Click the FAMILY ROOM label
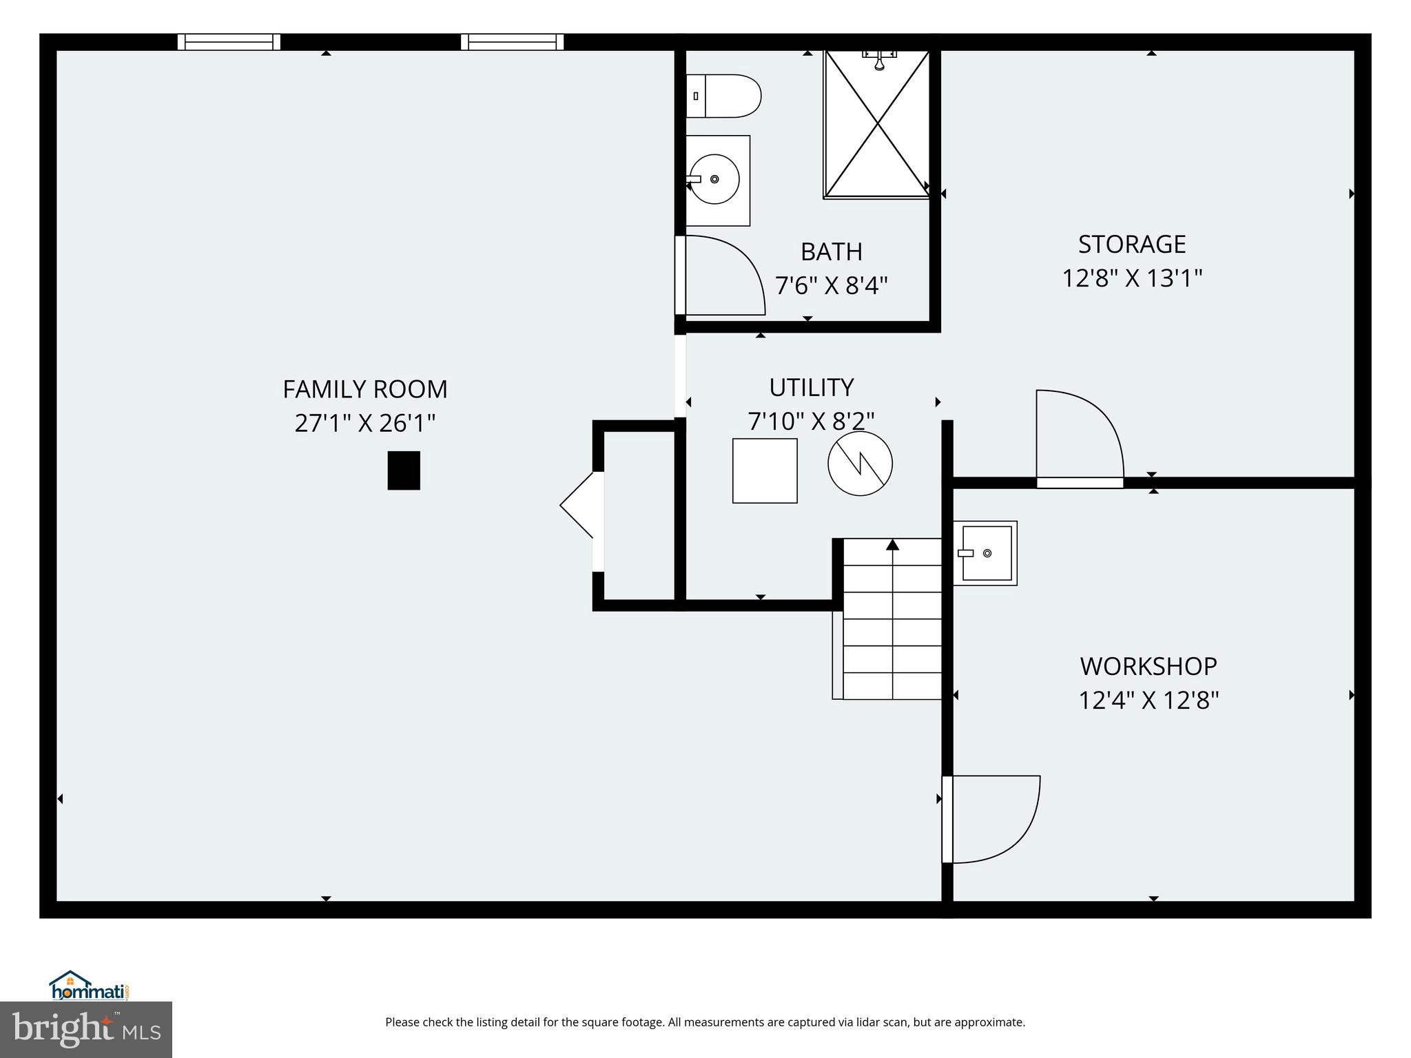pos(364,389)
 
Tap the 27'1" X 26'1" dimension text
pos(364,423)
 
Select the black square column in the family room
pos(404,470)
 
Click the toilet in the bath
pos(723,96)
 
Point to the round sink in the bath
pos(714,179)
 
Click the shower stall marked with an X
pos(877,124)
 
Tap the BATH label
pos(831,252)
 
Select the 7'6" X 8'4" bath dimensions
pos(831,285)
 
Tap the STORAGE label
pos(1131,245)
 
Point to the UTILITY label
pos(811,388)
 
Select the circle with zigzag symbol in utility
pos(860,463)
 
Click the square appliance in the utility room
pos(765,471)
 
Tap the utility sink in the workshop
pos(986,553)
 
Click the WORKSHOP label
pos(1148,666)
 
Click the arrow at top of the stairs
pos(893,545)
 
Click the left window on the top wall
pos(229,42)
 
